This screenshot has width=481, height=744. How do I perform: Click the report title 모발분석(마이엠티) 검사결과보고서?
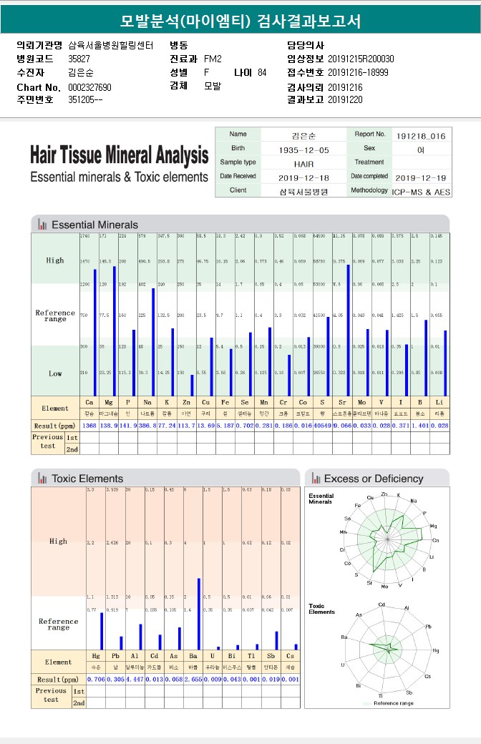(x=240, y=20)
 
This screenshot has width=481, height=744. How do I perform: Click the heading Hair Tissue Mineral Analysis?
(x=120, y=155)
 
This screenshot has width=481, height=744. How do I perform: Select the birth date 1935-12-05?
(x=304, y=150)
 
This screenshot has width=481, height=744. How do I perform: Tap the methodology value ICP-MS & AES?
(x=422, y=191)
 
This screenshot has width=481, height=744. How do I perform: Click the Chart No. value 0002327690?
(x=90, y=87)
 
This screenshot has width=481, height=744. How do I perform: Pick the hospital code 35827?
(x=79, y=59)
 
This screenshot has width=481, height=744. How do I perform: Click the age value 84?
(x=262, y=73)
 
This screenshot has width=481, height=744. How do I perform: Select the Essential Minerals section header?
(x=94, y=225)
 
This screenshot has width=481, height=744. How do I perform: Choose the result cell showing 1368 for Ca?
(x=89, y=425)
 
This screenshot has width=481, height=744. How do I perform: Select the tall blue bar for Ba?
(x=198, y=613)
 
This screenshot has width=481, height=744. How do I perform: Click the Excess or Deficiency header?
(x=374, y=479)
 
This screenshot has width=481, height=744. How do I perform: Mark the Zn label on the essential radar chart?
(x=384, y=494)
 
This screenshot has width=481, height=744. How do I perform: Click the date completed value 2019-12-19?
(x=422, y=177)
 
